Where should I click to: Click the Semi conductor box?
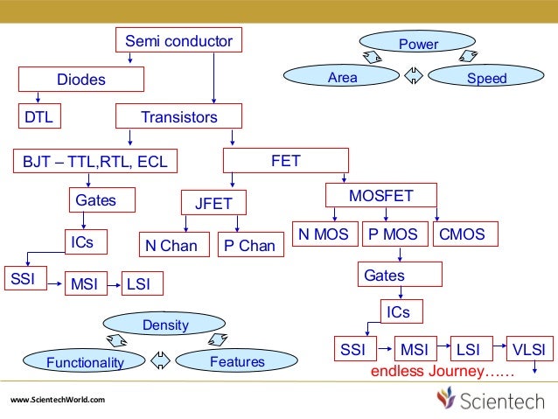click(178, 41)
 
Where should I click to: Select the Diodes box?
click(81, 80)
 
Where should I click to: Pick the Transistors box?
click(178, 116)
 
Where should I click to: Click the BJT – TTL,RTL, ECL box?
click(94, 162)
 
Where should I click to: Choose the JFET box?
click(213, 204)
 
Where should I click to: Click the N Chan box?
click(171, 245)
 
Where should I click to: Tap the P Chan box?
click(249, 245)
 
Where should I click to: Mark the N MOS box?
click(324, 234)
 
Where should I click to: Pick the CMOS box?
click(464, 234)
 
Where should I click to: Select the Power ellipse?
click(418, 43)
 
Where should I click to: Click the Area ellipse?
click(342, 78)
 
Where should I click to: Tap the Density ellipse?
click(165, 325)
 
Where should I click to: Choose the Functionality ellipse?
click(85, 361)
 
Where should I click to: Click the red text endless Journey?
click(441, 372)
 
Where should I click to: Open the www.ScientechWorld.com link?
click(58, 400)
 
